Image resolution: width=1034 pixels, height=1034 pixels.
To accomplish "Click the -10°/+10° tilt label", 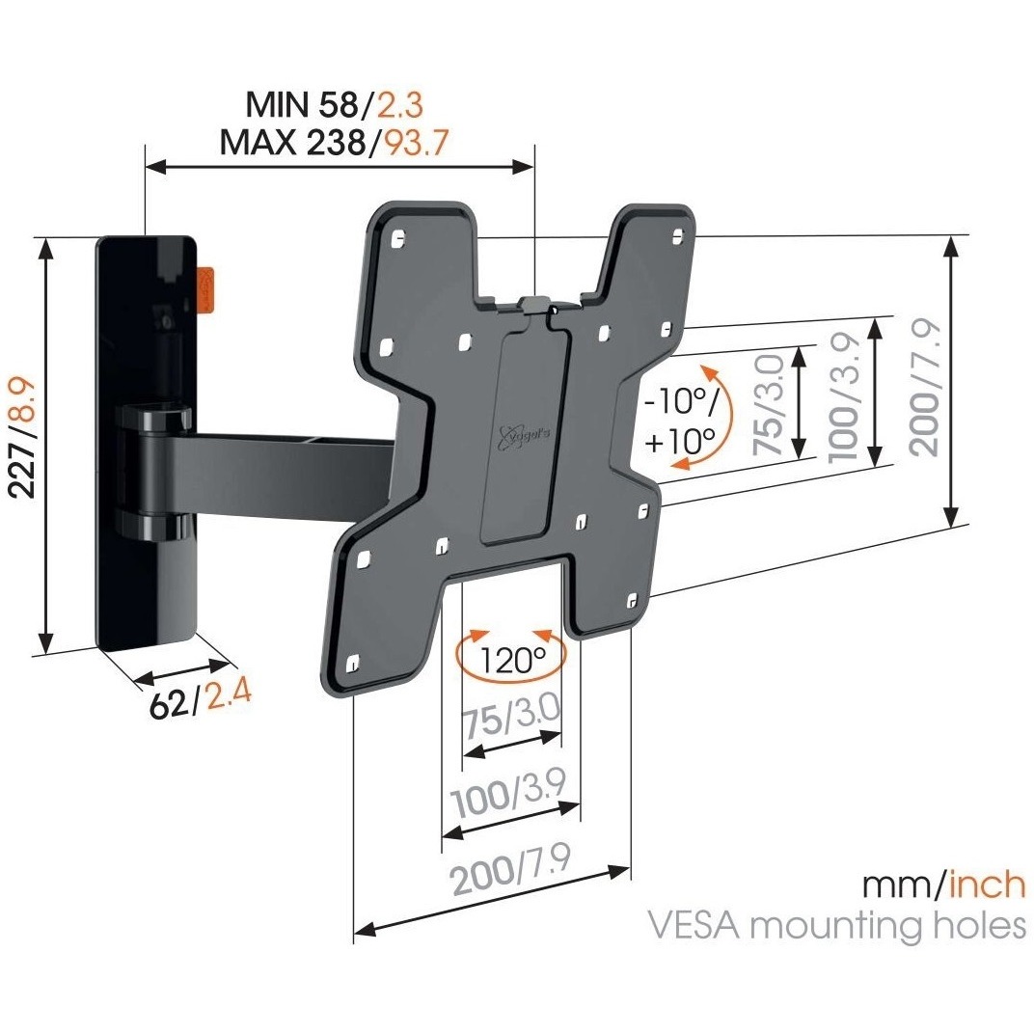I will (x=680, y=422).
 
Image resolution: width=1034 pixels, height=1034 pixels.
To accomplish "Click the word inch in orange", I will (x=983, y=883).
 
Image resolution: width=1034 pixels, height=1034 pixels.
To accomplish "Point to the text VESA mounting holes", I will (x=836, y=926).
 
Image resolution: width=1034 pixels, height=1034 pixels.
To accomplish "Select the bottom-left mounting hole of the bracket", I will (x=352, y=663).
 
